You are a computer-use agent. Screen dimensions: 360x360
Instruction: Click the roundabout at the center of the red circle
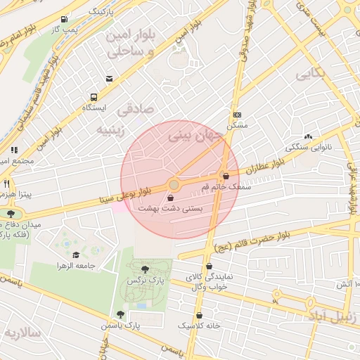tap(174, 184)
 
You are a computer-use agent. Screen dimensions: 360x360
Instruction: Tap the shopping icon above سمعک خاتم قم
tap(226, 176)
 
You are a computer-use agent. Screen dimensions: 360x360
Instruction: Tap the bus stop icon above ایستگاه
tap(93, 98)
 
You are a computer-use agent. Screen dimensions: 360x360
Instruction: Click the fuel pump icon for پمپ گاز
tap(65, 19)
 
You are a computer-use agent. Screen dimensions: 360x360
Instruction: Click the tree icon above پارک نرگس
tap(145, 269)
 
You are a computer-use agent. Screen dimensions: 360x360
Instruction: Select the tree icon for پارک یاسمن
tap(121, 314)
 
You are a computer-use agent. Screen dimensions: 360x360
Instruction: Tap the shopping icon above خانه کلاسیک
tap(200, 315)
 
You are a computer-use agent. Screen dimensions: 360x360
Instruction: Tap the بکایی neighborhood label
tap(310, 73)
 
